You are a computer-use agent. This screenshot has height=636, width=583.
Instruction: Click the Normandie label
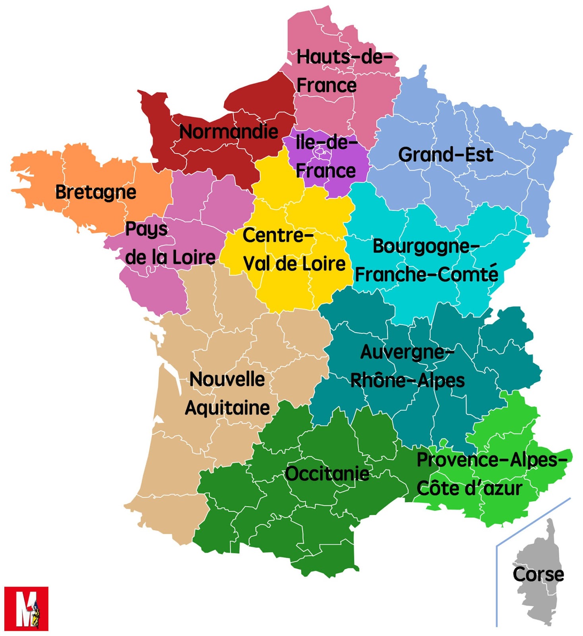(x=229, y=132)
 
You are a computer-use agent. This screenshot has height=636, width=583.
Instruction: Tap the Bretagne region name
(x=95, y=192)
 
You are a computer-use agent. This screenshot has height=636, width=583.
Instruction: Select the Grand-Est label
(x=445, y=155)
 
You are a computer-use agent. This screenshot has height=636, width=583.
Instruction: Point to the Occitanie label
(x=327, y=474)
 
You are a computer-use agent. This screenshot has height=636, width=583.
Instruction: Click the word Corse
(x=538, y=574)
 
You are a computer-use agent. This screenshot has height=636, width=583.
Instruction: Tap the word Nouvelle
(x=227, y=379)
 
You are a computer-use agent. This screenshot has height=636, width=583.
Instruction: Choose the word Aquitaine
(x=227, y=408)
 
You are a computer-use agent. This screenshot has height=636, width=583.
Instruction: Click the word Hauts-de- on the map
(x=344, y=57)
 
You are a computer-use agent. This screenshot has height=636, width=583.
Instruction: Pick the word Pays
(x=146, y=229)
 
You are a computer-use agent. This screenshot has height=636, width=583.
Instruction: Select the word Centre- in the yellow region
(x=278, y=235)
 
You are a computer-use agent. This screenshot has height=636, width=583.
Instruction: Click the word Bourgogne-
(x=426, y=246)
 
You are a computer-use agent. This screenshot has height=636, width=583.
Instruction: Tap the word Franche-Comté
(x=426, y=274)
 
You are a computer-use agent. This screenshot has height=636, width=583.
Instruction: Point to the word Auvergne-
(x=407, y=352)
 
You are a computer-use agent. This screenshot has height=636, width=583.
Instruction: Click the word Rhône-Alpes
(x=407, y=380)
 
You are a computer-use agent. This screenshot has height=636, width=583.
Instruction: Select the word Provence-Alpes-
(x=492, y=460)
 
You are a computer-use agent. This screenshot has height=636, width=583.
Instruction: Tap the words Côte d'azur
(x=469, y=488)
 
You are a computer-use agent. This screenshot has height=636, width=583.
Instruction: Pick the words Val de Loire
(x=294, y=264)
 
